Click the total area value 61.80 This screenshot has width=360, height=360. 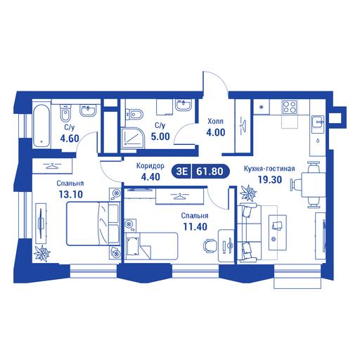tap(210, 172)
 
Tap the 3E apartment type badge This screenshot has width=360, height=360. tap(182, 172)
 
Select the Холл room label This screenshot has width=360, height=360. tap(215, 122)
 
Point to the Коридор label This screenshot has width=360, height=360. tap(150, 166)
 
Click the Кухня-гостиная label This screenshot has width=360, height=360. tap(269, 169)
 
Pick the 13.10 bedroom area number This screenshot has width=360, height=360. tap(71, 194)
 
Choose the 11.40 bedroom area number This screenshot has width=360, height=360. tap(195, 226)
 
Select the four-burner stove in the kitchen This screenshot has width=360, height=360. tap(290, 107)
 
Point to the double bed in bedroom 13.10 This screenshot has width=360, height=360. tap(93, 224)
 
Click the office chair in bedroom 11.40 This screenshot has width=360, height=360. tap(210, 246)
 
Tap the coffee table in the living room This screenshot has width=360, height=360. tap(278, 232)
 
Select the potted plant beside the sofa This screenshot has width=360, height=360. tap(248, 193)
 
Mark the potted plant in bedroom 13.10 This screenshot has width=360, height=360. tap(41, 253)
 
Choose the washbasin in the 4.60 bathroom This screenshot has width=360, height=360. tap(88, 110)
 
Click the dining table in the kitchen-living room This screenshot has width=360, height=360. tap(310, 185)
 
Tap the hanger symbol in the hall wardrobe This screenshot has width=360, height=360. tap(243, 124)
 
